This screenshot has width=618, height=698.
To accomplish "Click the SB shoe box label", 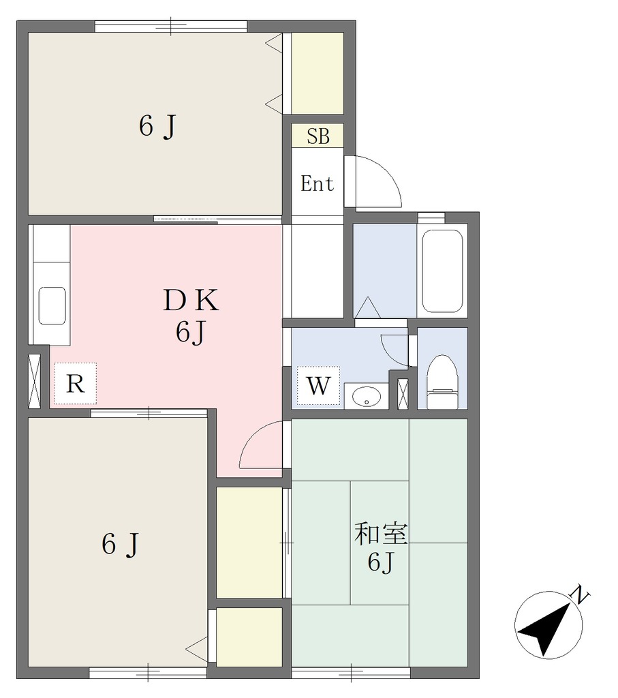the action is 318,136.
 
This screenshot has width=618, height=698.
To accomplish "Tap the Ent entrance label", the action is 318,183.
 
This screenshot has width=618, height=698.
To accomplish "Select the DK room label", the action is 191,301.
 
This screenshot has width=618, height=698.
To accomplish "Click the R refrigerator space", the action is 75,383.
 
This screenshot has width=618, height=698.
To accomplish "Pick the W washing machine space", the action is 319,386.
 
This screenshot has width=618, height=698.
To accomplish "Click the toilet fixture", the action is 442,382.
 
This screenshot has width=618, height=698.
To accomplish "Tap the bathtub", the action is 442,271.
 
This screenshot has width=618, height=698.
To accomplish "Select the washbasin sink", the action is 366,395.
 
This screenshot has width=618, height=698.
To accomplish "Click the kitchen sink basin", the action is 52,305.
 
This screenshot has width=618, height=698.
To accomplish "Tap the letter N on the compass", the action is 580,594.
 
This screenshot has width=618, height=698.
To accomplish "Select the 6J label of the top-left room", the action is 158,126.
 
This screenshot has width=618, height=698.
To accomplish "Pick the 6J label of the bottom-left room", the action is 121,544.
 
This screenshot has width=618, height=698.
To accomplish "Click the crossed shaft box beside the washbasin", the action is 403,394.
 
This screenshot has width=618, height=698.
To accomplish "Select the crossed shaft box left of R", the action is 34,381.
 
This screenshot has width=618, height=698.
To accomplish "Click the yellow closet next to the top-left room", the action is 318,73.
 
